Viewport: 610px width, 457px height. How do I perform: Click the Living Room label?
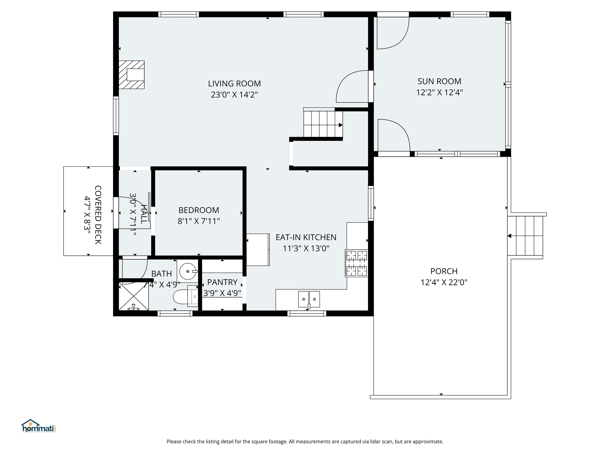tap(234, 84)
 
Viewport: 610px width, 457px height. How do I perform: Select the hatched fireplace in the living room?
tap(131, 75)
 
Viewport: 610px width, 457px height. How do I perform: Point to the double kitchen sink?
tap(309, 299)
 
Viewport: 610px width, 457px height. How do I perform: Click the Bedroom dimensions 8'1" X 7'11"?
tap(199, 221)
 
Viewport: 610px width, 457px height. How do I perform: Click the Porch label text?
tap(444, 271)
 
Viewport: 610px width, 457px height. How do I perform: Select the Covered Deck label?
tap(98, 215)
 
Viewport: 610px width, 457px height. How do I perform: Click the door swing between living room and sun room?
tap(352, 87)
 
